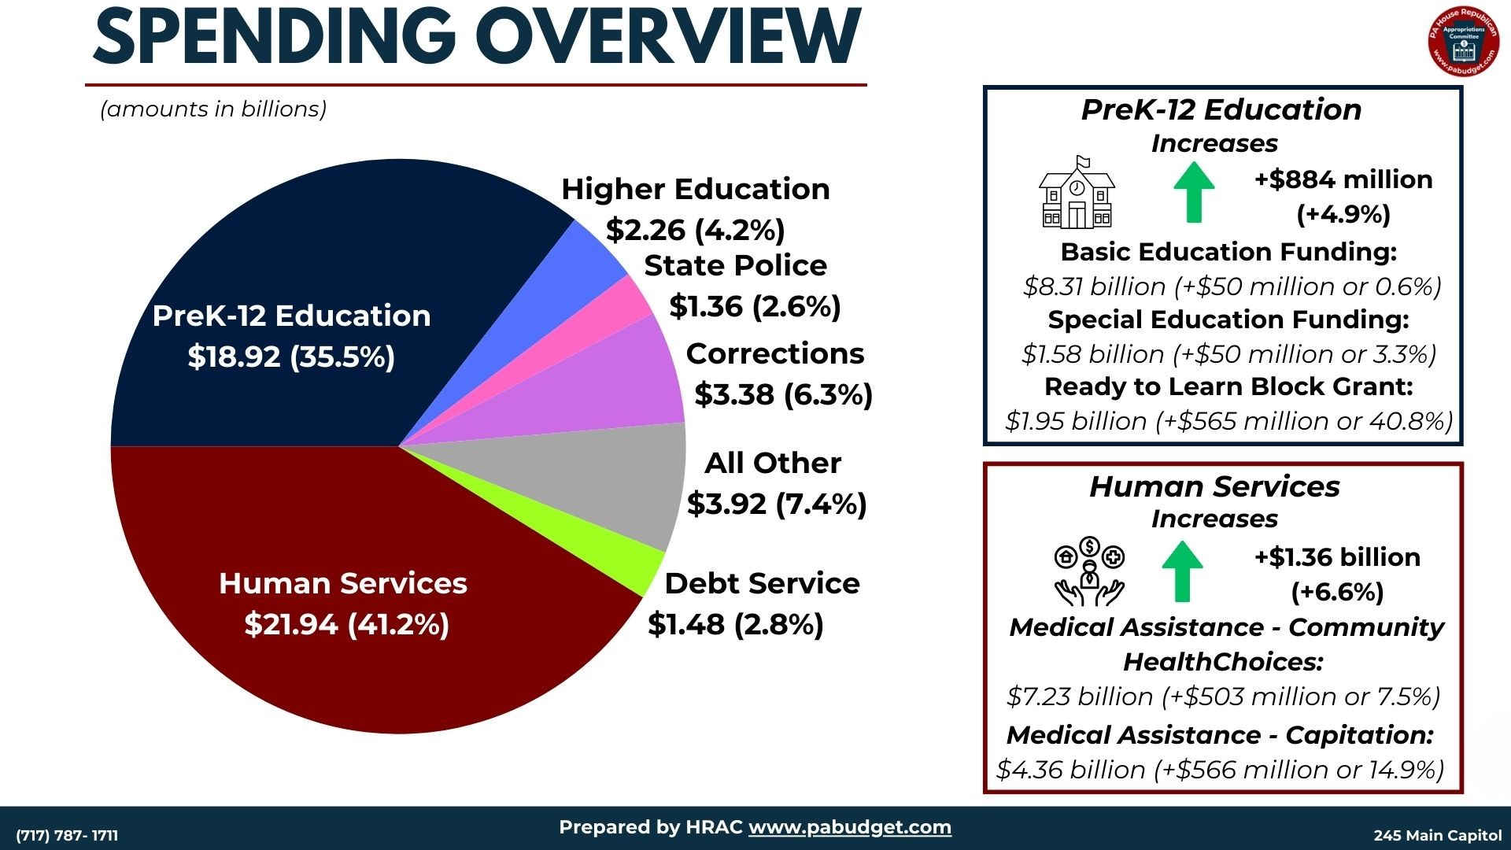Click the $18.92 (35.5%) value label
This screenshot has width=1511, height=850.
point(291,357)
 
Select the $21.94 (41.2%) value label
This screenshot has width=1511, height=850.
point(346,624)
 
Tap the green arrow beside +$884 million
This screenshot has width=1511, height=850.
point(1193,192)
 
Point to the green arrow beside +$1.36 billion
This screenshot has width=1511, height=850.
point(1182,571)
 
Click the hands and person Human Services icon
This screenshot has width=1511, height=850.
point(1089,571)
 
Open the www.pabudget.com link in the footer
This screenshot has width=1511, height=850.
point(849,827)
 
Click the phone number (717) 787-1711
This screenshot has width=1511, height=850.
point(67,835)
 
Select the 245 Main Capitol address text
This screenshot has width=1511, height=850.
point(1437,835)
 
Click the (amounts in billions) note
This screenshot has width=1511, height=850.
point(213,109)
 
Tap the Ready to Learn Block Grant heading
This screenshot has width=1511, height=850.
point(1228,386)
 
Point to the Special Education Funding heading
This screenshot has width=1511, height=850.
point(1228,320)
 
